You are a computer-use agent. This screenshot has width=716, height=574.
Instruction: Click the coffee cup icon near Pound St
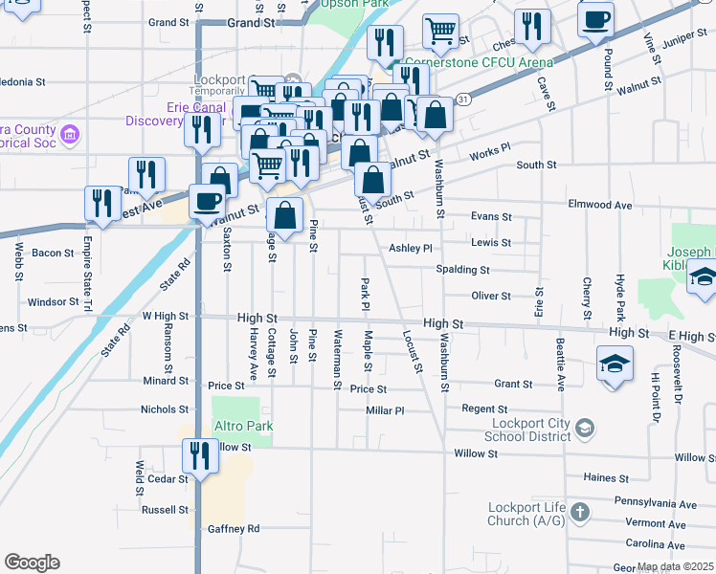595,18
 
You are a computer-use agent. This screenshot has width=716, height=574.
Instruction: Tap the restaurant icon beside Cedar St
201,454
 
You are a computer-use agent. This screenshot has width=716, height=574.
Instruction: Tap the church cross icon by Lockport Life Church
578,514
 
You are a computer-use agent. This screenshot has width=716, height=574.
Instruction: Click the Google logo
32,563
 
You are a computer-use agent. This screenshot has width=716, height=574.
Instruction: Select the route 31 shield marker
463,99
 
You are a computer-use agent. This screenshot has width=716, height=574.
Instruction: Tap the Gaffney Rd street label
234,528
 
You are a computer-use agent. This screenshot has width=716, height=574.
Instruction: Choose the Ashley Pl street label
411,248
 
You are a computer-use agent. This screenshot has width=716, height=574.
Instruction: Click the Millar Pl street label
386,409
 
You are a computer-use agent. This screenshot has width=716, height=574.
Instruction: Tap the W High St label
167,315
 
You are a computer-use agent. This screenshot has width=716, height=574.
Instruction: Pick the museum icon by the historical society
68,135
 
